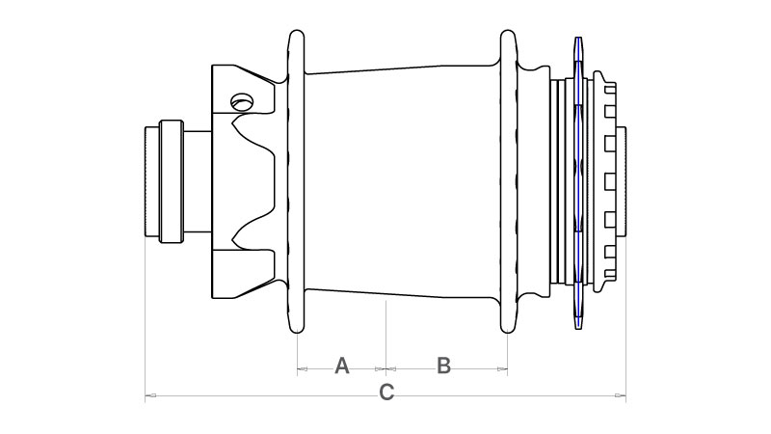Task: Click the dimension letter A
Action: point(342,366)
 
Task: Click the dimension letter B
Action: point(443,366)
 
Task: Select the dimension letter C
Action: point(386,393)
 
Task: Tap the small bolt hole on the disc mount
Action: point(242,102)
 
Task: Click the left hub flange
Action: point(296,181)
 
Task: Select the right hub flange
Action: point(509,181)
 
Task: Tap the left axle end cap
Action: point(152,181)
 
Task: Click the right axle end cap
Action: point(621,181)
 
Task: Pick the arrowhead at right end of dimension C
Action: point(621,395)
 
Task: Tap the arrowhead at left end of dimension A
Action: point(302,368)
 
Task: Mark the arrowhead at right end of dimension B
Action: point(502,368)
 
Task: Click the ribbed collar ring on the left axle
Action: point(172,181)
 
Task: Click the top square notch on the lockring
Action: point(610,89)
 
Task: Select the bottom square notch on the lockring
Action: point(610,274)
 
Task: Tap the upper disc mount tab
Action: point(243,90)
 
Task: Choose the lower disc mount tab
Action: point(243,274)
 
